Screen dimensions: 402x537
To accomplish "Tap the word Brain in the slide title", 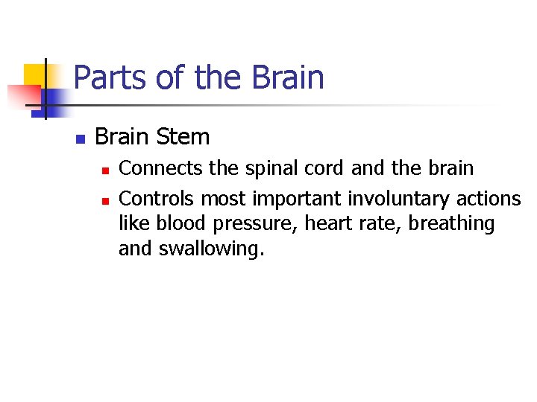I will point(288,78).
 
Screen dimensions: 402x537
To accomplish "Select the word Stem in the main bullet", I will point(186,137).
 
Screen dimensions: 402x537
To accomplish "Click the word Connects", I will point(161,168).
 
